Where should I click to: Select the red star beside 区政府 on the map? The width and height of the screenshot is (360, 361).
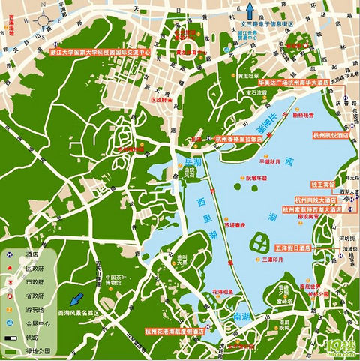(170, 99)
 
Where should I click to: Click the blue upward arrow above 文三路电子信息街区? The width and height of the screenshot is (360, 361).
(256, 13)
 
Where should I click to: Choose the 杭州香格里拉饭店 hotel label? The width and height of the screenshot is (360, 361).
(239, 139)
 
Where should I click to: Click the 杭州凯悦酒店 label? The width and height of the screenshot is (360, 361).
(330, 135)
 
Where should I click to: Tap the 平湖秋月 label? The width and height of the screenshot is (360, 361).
(269, 161)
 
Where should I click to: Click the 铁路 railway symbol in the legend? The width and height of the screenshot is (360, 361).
(11, 339)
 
